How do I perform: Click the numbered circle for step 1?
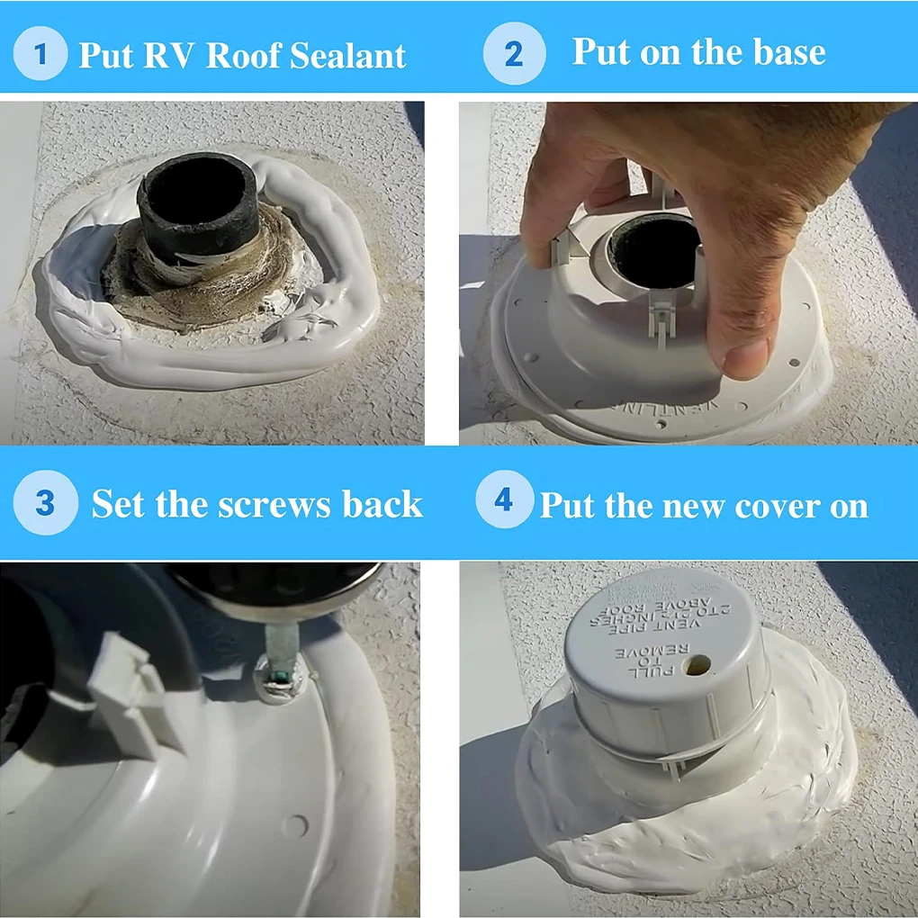pyautogui.click(x=40, y=54)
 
